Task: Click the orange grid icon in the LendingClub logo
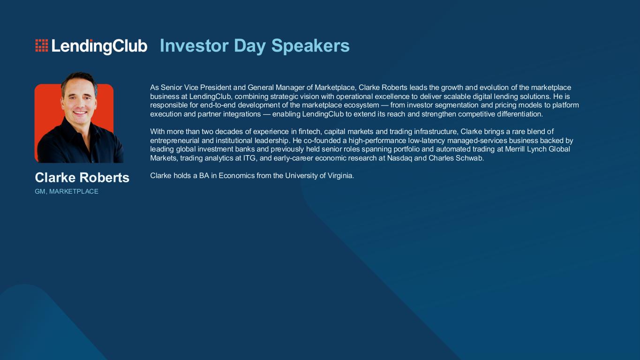[42, 46]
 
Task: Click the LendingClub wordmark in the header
[99, 46]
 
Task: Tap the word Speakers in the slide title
[310, 46]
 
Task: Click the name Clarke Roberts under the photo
[82, 178]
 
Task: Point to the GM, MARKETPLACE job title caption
[67, 191]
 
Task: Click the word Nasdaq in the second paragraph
[399, 158]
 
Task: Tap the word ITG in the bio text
[249, 158]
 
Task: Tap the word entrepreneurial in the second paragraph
[175, 141]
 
